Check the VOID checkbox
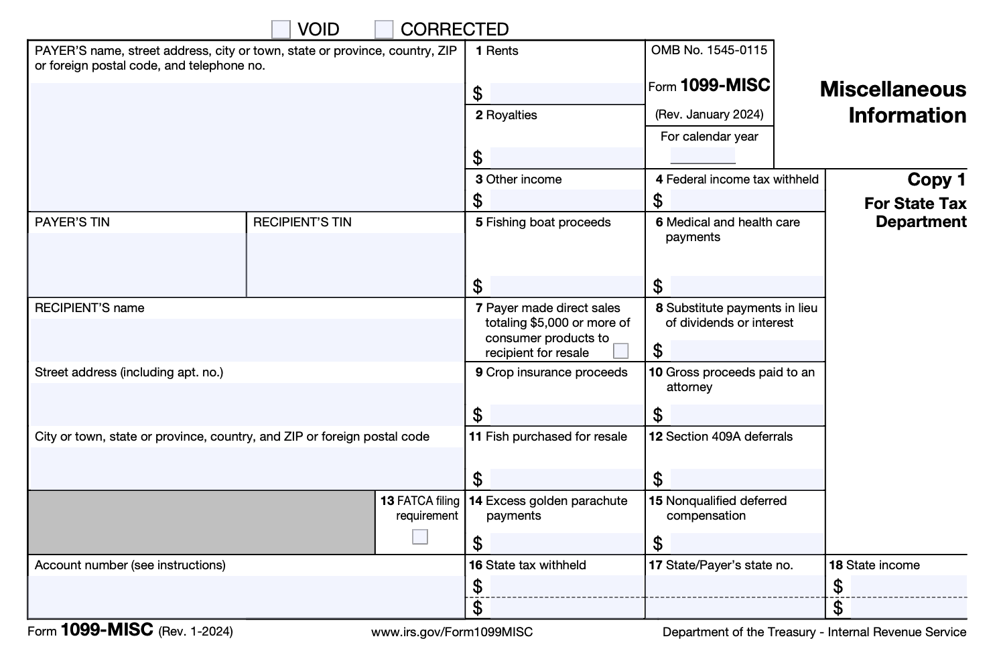(281, 29)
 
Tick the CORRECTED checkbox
(384, 29)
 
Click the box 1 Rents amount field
(566, 93)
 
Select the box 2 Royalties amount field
(566, 157)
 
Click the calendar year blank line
(703, 156)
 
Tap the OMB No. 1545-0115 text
(709, 50)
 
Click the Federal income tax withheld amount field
(746, 200)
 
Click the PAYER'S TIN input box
(137, 264)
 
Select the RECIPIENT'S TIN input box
(355, 264)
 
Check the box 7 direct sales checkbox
(621, 351)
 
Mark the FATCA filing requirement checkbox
(420, 536)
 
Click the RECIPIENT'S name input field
(247, 340)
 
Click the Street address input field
(247, 404)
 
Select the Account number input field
(247, 596)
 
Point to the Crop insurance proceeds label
(556, 372)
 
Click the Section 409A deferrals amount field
(746, 479)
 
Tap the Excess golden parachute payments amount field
(566, 543)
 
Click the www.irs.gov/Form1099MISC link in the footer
(452, 632)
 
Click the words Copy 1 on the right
(936, 179)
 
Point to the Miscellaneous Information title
(892, 102)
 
